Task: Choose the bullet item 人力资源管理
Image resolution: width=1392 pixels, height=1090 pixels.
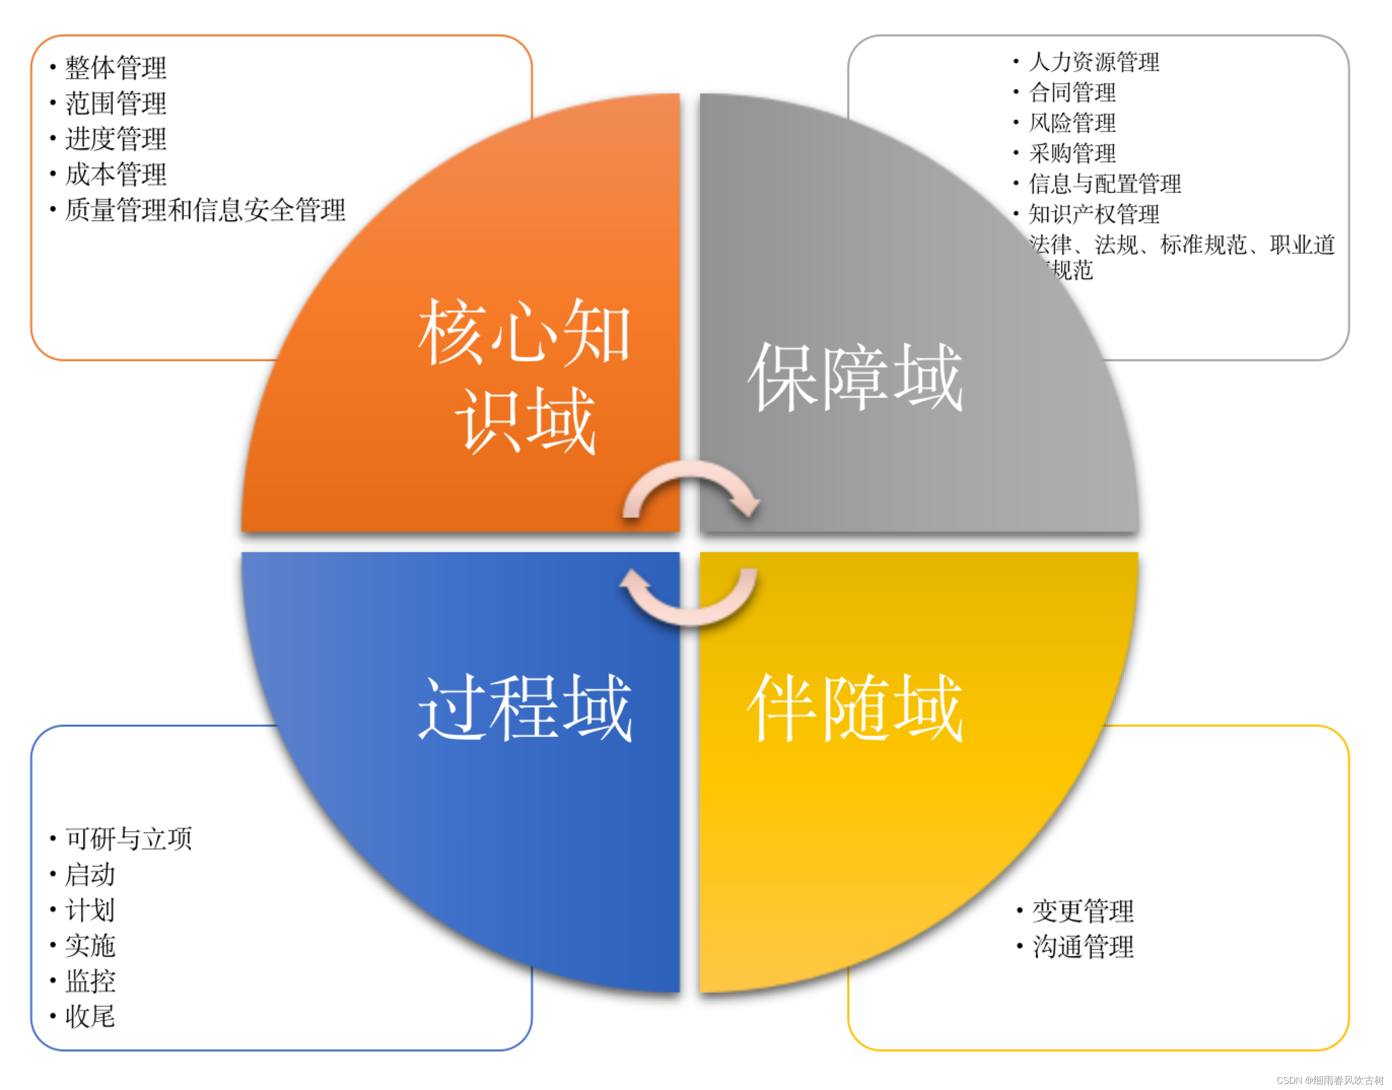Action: point(1093,62)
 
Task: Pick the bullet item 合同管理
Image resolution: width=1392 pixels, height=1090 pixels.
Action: point(1072,92)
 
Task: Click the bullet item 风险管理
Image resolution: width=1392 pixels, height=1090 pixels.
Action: point(1072,122)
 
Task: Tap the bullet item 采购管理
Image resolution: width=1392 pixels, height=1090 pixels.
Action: point(1072,153)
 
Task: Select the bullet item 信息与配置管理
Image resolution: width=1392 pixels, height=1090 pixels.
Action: point(1104,184)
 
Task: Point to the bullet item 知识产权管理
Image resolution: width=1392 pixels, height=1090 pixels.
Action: point(1093,215)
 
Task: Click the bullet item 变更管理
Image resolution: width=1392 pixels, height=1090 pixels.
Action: point(1083,911)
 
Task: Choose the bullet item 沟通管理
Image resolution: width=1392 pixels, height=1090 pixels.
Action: point(1083,946)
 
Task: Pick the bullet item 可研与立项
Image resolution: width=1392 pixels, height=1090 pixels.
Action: point(128,839)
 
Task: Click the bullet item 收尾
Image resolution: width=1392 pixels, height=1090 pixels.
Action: point(90,1016)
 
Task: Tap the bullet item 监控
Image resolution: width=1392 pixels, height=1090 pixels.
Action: point(90,981)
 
